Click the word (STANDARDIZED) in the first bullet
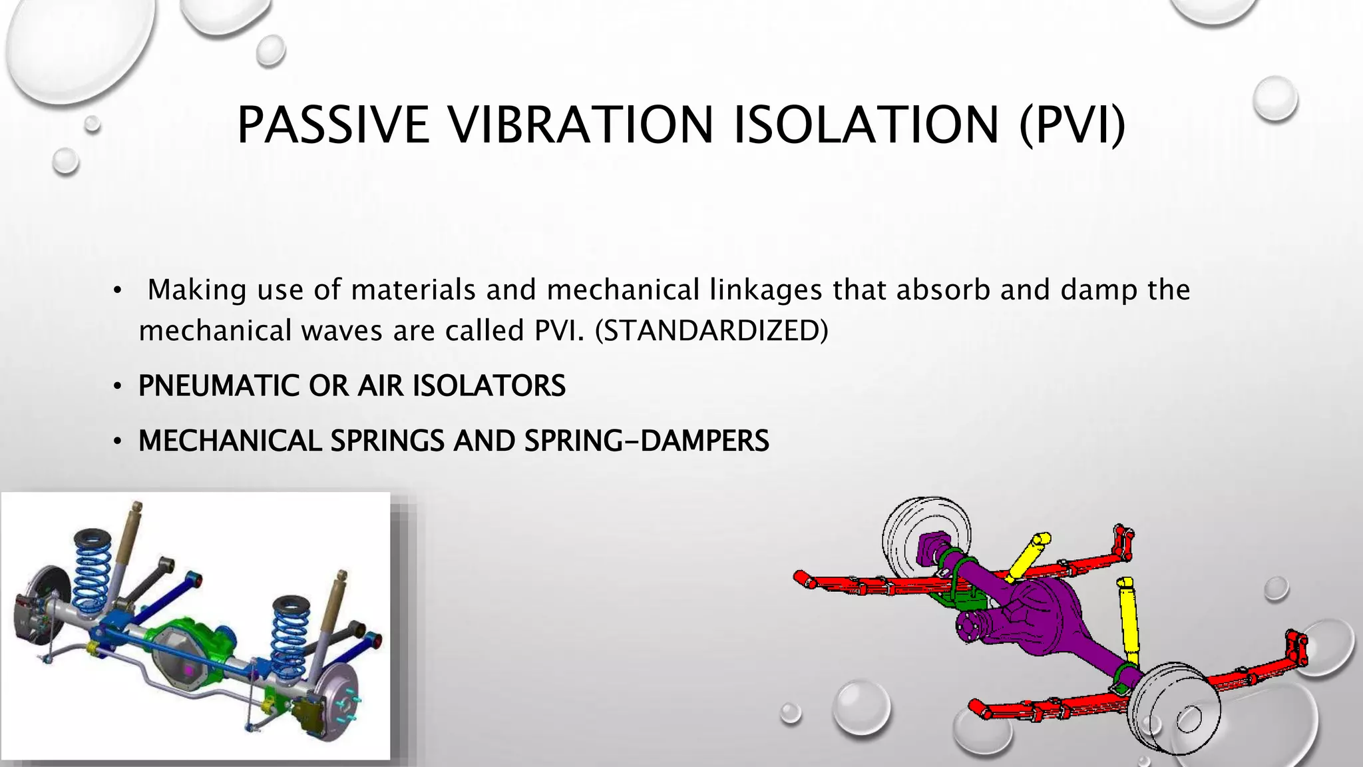point(711,331)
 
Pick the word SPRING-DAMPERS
point(646,441)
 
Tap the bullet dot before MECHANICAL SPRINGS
point(117,441)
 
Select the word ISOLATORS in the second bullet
point(489,386)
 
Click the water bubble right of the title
point(1274,99)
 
